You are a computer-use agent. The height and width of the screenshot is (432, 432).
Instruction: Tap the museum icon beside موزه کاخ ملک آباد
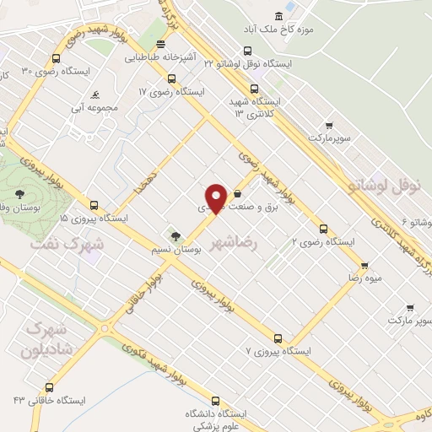pyautogui.click(x=279, y=16)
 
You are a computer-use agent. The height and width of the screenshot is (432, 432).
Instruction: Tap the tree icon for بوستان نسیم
pyautogui.click(x=175, y=236)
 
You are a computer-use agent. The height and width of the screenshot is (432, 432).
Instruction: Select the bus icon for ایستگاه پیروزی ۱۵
pyautogui.click(x=94, y=205)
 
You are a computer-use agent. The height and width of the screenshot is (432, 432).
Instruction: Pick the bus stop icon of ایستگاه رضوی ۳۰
pyautogui.click(x=56, y=59)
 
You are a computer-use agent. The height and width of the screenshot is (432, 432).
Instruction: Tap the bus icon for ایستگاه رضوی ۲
pyautogui.click(x=322, y=228)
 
